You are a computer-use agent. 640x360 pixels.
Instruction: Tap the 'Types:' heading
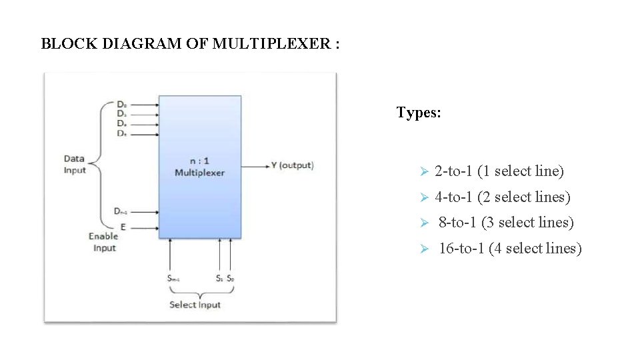[x=419, y=113]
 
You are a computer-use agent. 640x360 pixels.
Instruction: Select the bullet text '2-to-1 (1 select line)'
[x=499, y=171]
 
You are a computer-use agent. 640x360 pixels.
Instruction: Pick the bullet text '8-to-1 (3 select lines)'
[x=506, y=222]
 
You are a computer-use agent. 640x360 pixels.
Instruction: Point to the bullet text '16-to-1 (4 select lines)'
[x=510, y=249]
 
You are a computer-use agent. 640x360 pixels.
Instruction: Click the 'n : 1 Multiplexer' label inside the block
[x=199, y=167]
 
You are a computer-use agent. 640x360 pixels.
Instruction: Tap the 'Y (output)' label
[x=292, y=165]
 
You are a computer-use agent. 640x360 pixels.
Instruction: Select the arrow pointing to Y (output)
[x=254, y=165]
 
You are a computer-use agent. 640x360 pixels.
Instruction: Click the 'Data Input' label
[x=74, y=164]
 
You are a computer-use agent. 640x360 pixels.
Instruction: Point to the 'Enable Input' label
[x=103, y=242]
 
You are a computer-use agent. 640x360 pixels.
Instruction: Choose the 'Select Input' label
[x=195, y=305]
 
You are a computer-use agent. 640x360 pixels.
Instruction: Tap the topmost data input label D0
[x=122, y=104]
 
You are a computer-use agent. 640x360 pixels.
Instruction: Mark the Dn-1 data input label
[x=121, y=211]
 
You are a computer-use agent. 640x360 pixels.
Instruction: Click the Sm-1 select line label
[x=173, y=278]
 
